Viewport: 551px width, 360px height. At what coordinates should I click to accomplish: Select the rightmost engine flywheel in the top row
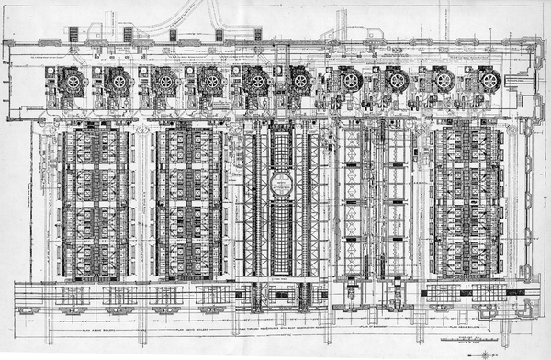click(489, 81)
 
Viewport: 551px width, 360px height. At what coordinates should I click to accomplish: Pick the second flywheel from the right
click(444, 81)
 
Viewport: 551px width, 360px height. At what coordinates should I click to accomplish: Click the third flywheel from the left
click(166, 81)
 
